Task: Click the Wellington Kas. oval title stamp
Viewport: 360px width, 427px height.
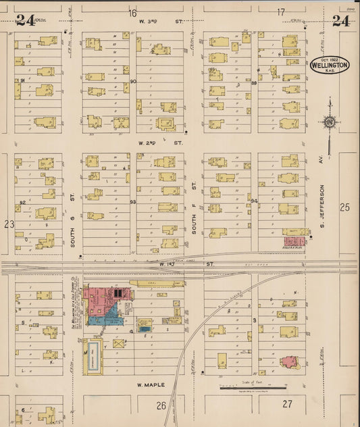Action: pos(330,65)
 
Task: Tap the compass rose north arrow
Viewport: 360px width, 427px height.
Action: pos(329,122)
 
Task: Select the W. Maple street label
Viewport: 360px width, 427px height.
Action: pos(151,384)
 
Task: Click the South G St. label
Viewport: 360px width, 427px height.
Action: pos(73,228)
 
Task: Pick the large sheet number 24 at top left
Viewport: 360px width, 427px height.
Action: pos(25,20)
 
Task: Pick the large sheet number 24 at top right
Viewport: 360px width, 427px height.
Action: pos(340,20)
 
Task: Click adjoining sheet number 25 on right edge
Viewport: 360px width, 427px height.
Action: pos(345,207)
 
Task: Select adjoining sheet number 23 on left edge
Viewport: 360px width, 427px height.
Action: pos(9,224)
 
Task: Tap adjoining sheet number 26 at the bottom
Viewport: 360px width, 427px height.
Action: pos(161,405)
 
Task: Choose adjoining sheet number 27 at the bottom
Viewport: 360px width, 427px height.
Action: pos(287,404)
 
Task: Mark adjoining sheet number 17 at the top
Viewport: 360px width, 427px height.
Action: pos(281,12)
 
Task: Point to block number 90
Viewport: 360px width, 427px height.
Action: pos(133,82)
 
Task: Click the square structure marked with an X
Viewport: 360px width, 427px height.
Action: pos(120,343)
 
